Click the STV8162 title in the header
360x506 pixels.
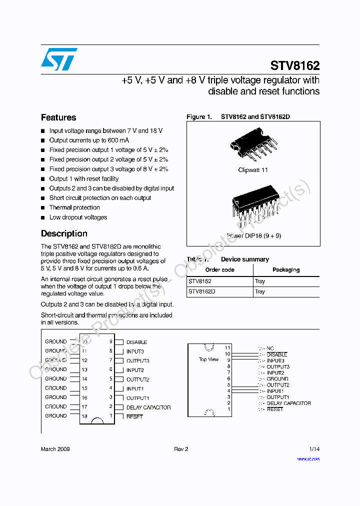[294, 65]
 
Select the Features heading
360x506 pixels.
[58, 117]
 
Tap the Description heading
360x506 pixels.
[64, 233]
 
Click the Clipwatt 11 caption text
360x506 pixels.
[253, 170]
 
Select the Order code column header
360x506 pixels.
[220, 270]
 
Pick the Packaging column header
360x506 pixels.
[286, 270]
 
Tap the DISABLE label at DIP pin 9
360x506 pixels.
[136, 342]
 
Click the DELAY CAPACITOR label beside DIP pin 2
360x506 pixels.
[148, 407]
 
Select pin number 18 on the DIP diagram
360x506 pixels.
[84, 416]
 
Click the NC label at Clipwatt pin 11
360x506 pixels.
[270, 348]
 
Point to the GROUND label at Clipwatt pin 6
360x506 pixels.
[277, 379]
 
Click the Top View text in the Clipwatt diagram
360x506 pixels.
[208, 359]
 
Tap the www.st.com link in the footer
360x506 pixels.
[308, 458]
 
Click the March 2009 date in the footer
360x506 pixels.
[55, 449]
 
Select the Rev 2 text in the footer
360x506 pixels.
[181, 449]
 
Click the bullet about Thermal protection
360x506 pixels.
[74, 207]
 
